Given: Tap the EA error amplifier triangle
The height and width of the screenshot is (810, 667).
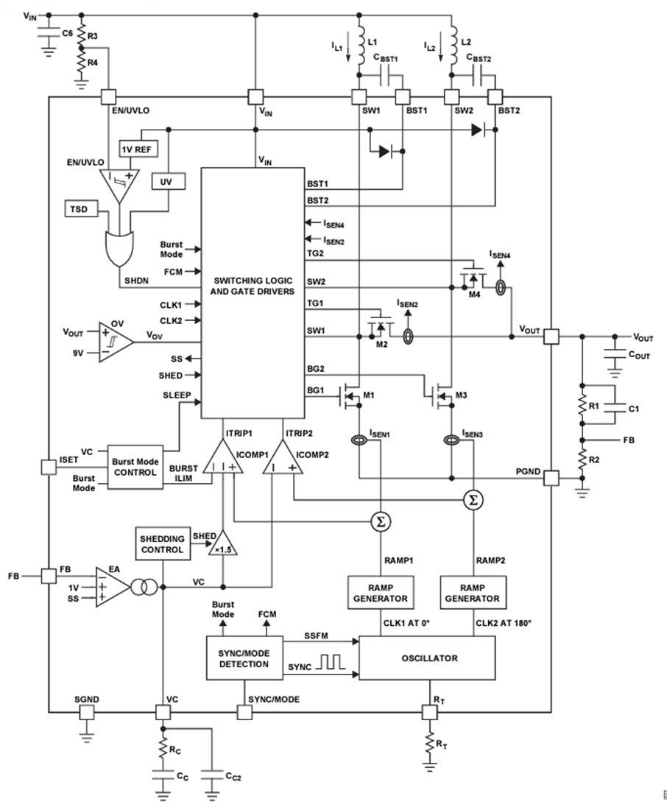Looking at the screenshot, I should [110, 587].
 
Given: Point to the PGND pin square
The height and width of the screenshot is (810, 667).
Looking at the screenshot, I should [551, 479].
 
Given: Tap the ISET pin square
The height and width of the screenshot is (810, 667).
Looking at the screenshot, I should [49, 466].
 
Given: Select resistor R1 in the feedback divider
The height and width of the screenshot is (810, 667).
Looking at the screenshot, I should [583, 406].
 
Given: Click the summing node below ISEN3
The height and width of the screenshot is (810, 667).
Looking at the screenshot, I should [471, 501].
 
